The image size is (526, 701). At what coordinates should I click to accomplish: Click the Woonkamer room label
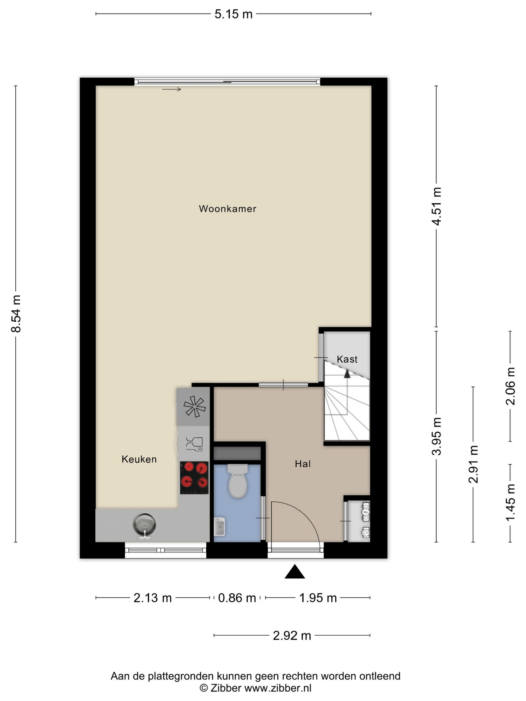click(227, 209)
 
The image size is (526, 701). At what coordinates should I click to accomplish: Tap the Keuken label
click(139, 459)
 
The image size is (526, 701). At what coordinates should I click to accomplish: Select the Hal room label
click(303, 464)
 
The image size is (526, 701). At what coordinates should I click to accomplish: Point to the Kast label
click(347, 359)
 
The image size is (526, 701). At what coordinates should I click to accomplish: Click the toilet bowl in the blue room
click(238, 481)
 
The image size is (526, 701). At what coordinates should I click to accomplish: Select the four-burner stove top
click(194, 478)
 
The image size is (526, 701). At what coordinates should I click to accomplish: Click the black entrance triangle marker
click(295, 572)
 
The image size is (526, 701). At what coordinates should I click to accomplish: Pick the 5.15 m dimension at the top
click(234, 14)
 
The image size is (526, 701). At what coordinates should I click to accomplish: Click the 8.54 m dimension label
click(16, 314)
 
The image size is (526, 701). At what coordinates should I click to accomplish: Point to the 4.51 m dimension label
click(437, 206)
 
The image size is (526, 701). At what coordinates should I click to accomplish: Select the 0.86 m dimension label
click(237, 598)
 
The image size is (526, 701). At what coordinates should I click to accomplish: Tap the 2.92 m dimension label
click(292, 636)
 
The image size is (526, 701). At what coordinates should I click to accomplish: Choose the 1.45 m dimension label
click(510, 503)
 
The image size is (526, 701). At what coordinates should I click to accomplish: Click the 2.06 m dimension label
click(510, 386)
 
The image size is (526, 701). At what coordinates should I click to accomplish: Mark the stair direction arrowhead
click(347, 373)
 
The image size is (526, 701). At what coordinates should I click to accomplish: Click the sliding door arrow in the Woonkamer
click(172, 89)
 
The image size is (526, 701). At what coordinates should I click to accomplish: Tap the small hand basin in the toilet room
click(220, 526)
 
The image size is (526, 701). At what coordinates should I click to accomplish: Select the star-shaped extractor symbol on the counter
click(194, 406)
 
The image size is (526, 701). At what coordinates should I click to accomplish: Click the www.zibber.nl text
click(278, 688)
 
